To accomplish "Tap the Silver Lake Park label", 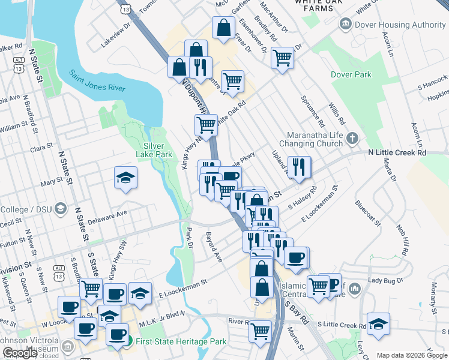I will point(158,150).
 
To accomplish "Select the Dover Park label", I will point(351,75).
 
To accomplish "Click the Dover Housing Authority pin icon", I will point(346,24).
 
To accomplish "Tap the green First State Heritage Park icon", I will point(128,341).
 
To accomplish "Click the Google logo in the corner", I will point(20,352).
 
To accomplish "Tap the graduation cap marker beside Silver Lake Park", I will point(126,177).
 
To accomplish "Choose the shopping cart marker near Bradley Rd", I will point(282,58).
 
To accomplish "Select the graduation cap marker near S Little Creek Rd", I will point(378,323).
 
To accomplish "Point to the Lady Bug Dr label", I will point(384,280).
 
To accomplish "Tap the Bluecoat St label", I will point(367,212).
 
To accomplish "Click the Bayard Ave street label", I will point(214,247).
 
